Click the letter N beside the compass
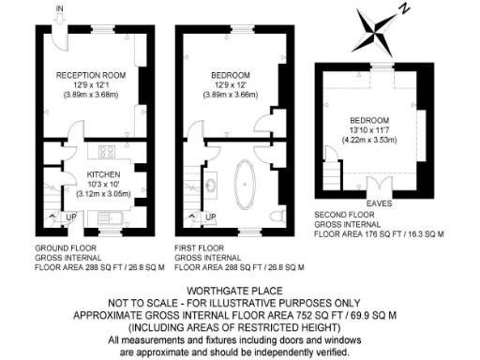404,9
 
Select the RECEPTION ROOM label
90,75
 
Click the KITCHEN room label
101,174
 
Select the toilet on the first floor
276,217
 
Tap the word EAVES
379,202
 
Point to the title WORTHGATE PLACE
241,291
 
